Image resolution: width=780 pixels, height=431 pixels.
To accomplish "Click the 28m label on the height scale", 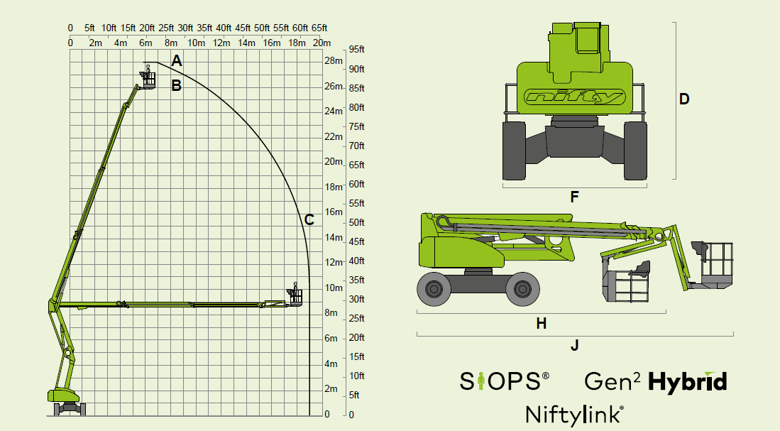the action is pyautogui.click(x=334, y=61).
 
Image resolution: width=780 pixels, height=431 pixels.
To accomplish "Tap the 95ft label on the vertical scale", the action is pyautogui.click(x=357, y=49).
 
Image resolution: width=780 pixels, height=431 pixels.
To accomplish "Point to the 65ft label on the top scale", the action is pyautogui.click(x=319, y=28).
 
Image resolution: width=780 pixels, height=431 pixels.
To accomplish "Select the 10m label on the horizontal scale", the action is pyautogui.click(x=196, y=43).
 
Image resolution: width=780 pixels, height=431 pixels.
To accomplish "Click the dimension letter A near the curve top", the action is pyautogui.click(x=177, y=61).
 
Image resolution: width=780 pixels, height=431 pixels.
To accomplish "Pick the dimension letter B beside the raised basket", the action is pyautogui.click(x=176, y=86).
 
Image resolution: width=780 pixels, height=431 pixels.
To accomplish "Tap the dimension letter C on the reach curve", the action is pyautogui.click(x=309, y=219).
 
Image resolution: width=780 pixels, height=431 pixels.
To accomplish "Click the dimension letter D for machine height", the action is pyautogui.click(x=684, y=99).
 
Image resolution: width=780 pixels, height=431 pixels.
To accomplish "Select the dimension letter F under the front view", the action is pyautogui.click(x=575, y=197).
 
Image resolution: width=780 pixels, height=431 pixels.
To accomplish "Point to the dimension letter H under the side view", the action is pyautogui.click(x=542, y=324).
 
